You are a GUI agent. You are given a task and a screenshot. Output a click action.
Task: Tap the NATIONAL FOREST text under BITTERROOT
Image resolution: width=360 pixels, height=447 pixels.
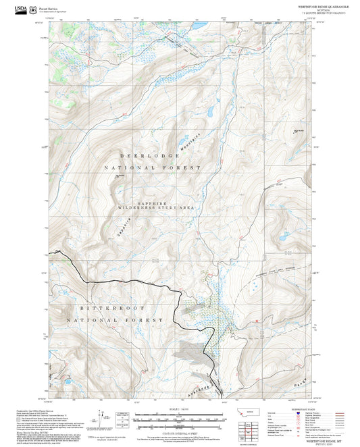(115, 319)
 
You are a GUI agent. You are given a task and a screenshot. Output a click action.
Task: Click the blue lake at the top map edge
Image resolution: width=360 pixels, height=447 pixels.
(200, 26)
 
